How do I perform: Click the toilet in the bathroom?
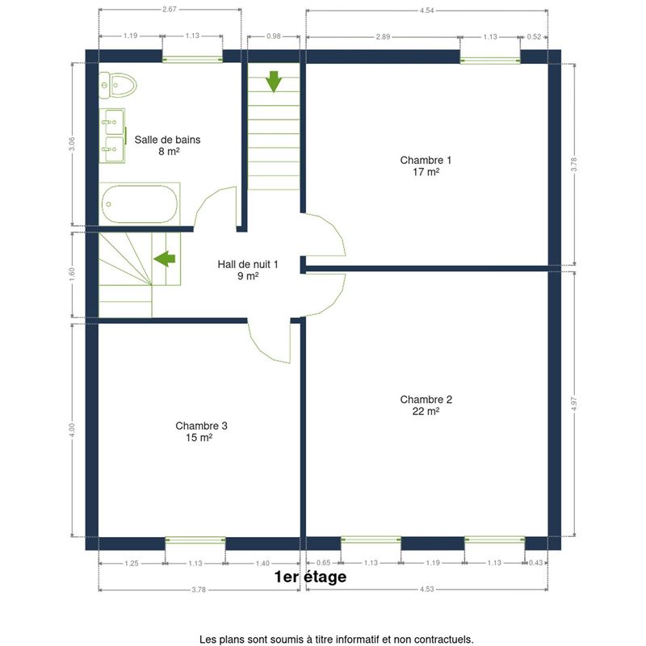118,86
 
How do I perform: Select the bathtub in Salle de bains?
140,204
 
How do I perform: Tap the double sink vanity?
112,136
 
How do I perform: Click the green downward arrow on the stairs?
274,82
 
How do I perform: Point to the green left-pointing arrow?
165,258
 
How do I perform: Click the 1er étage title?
310,577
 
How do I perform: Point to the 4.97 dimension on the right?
574,404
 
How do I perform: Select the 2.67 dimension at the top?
170,9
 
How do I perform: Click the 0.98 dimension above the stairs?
273,36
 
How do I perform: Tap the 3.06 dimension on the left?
72,144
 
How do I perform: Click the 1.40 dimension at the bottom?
262,563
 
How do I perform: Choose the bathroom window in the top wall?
192,60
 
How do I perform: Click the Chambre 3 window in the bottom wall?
195,540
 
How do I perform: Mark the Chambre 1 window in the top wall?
490,61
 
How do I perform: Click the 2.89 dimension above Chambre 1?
383,36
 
